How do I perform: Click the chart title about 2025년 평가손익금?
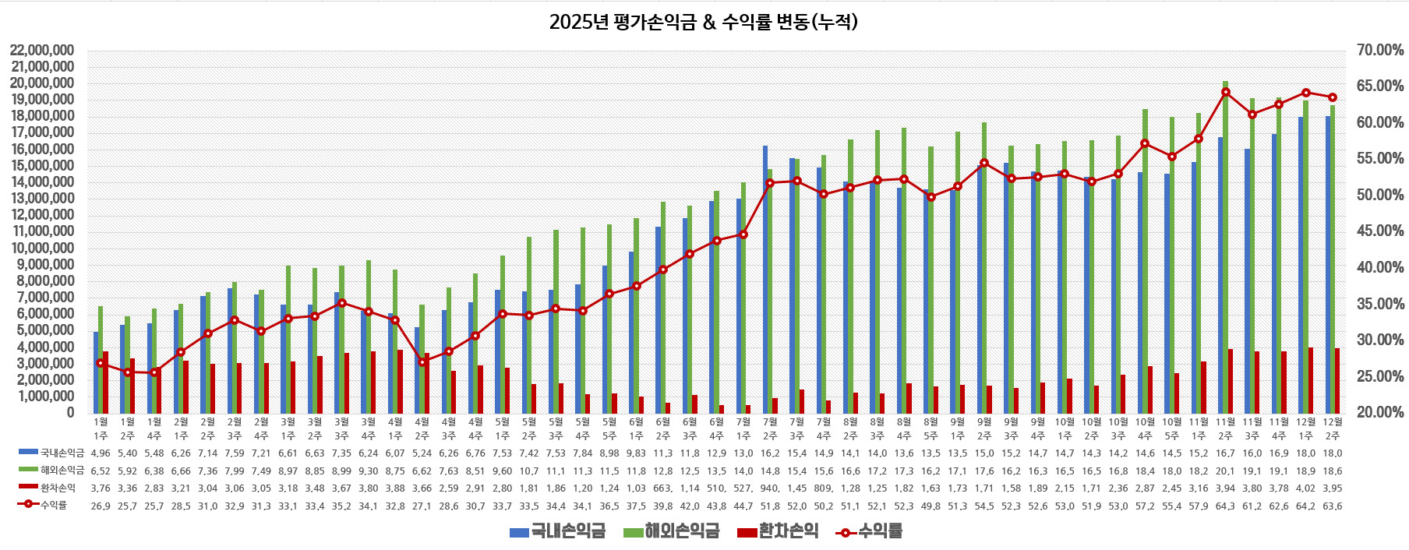click(703, 22)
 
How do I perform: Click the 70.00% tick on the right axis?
click(1380, 51)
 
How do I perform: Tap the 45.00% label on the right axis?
click(1380, 231)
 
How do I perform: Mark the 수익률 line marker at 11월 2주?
click(1226, 92)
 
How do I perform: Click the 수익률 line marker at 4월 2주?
click(422, 362)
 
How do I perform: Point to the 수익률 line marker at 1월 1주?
click(101, 363)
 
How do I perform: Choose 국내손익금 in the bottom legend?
click(557, 532)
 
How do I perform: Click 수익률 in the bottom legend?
click(869, 532)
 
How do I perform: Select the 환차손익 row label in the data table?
click(58, 488)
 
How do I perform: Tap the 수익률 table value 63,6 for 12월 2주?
click(1333, 506)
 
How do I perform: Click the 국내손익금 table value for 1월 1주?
click(101, 453)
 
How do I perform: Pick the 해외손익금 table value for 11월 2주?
click(1226, 471)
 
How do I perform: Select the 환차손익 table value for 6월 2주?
click(663, 488)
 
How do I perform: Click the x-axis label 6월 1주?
click(637, 429)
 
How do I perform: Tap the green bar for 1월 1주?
click(101, 359)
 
